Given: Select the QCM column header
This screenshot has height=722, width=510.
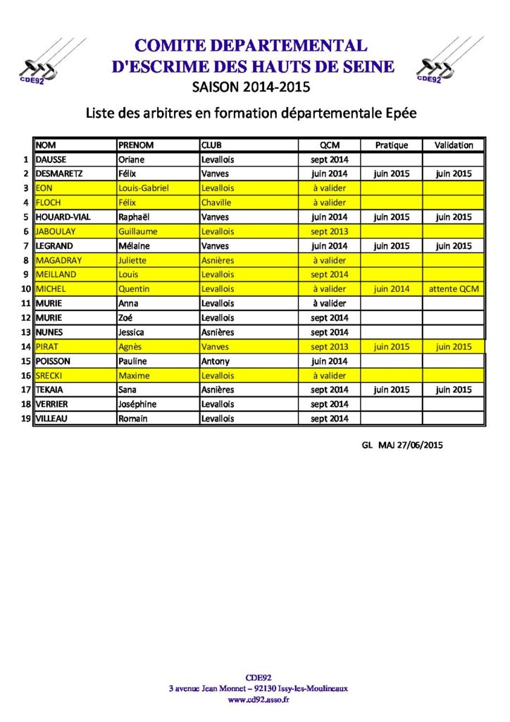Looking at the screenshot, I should tap(330, 145).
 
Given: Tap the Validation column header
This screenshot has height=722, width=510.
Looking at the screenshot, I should tap(454, 145).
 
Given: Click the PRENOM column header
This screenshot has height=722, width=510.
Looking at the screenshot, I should tap(136, 145).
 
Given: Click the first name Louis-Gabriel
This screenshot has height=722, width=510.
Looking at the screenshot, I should tap(144, 188).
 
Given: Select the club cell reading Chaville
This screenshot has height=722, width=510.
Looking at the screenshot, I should tap(218, 203).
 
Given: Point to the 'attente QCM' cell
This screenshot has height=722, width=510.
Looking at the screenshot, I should tap(454, 289).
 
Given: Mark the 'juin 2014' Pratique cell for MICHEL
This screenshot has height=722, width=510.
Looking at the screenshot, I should tap(392, 289).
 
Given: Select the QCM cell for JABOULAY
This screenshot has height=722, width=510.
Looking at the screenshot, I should tap(330, 231).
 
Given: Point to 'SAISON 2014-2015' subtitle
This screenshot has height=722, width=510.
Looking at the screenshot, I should tap(251, 87).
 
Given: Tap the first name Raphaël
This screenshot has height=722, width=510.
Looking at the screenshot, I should tap(135, 217).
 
